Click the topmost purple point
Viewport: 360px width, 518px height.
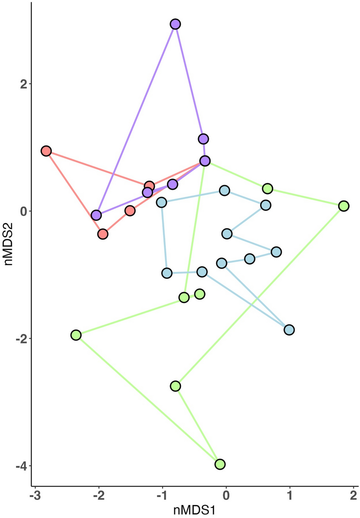pyautogui.click(x=175, y=24)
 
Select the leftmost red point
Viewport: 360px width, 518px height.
pyautogui.click(x=46, y=151)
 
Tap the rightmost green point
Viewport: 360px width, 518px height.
pyautogui.click(x=344, y=206)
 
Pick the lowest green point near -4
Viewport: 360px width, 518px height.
pyautogui.click(x=220, y=464)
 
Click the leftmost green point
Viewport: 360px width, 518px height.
pyautogui.click(x=76, y=335)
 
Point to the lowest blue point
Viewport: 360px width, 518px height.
pyautogui.click(x=289, y=330)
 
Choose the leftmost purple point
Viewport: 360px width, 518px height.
pyautogui.click(x=96, y=215)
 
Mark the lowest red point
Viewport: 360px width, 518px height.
pyautogui.click(x=103, y=234)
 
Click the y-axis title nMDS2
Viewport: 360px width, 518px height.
pyautogui.click(x=8, y=244)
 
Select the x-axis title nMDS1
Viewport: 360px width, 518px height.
pyautogui.click(x=194, y=510)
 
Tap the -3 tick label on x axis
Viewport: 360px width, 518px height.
pyautogui.click(x=35, y=496)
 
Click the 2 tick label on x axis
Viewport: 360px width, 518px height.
pyautogui.click(x=353, y=496)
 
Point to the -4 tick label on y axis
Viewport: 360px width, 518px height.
pyautogui.click(x=21, y=466)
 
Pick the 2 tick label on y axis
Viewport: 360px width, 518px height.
pyautogui.click(x=24, y=84)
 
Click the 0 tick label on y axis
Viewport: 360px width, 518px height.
pyautogui.click(x=24, y=211)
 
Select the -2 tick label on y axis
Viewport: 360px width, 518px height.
pyautogui.click(x=21, y=339)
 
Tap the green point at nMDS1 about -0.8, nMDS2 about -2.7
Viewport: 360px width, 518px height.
pyautogui.click(x=176, y=386)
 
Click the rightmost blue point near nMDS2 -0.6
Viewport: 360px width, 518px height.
pyautogui.click(x=276, y=252)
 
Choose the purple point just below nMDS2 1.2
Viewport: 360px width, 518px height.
pyautogui.click(x=203, y=139)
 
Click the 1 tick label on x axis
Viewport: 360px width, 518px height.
pyautogui.click(x=289, y=496)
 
